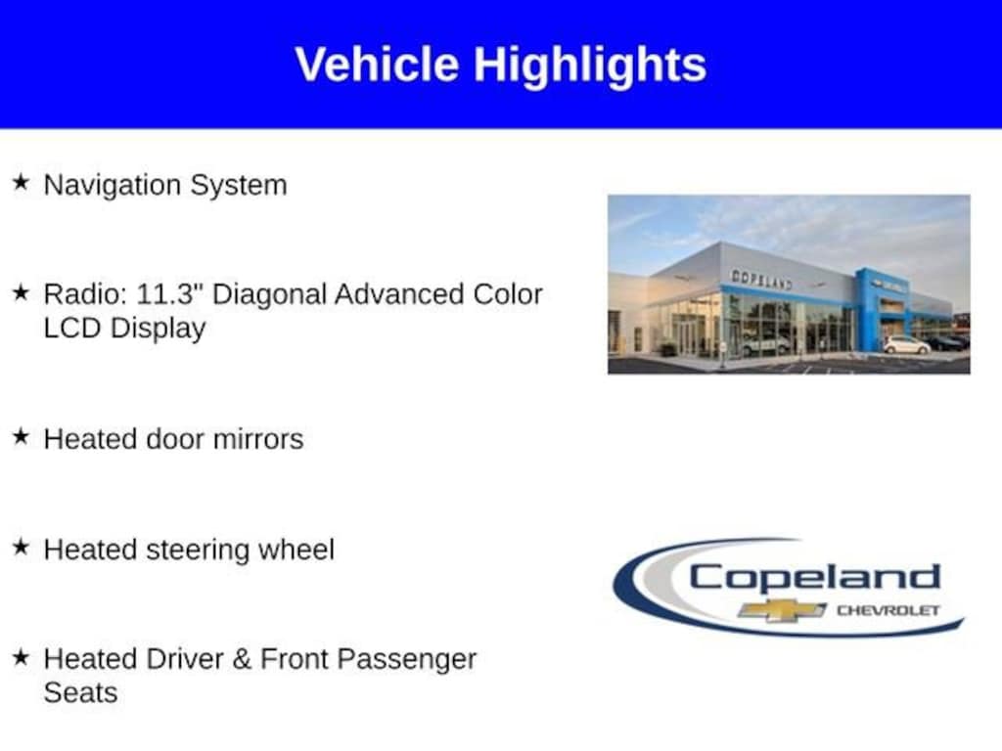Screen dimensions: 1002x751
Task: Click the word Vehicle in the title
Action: pyautogui.click(x=377, y=64)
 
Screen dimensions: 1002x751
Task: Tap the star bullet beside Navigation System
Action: pyautogui.click(x=21, y=182)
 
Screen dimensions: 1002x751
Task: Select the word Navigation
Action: pyautogui.click(x=113, y=186)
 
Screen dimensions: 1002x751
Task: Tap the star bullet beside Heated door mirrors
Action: pyautogui.click(x=21, y=437)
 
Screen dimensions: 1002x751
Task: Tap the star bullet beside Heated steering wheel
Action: pyautogui.click(x=21, y=547)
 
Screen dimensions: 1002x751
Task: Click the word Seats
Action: pyautogui.click(x=80, y=693)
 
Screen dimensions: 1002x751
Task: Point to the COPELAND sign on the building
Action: pyautogui.click(x=761, y=279)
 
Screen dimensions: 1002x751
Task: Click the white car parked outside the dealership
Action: pyautogui.click(x=907, y=345)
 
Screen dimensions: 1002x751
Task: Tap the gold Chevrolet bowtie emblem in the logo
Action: pyautogui.click(x=782, y=610)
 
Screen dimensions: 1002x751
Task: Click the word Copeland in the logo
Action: pyautogui.click(x=815, y=578)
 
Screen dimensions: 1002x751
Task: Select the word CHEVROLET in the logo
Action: pyautogui.click(x=888, y=610)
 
